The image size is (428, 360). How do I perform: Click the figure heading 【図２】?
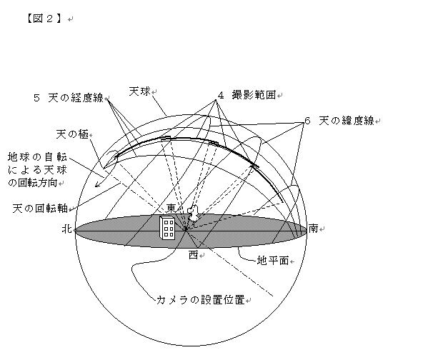(44, 19)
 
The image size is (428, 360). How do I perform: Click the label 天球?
(139, 91)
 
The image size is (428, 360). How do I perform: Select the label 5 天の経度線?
(69, 98)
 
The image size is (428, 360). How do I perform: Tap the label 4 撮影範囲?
(247, 95)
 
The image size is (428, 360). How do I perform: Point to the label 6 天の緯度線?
(339, 121)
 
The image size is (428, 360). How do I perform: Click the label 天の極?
(72, 134)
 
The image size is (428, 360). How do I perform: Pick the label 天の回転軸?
(40, 209)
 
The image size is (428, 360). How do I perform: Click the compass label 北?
(67, 229)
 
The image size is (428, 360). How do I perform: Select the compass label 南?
(314, 229)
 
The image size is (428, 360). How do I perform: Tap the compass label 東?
(171, 209)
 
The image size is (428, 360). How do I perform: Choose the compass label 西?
(193, 255)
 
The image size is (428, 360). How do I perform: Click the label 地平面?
(273, 261)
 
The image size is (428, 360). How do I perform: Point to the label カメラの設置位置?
(201, 300)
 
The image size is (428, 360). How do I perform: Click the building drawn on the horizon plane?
(166, 228)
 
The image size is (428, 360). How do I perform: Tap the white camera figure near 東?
(193, 214)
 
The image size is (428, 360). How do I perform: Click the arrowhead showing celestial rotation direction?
(97, 185)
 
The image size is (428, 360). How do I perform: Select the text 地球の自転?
(37, 157)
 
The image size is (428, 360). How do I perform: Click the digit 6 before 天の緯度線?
(307, 121)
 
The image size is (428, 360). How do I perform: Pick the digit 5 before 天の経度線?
(36, 98)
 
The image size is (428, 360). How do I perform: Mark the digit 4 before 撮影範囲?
(221, 95)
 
